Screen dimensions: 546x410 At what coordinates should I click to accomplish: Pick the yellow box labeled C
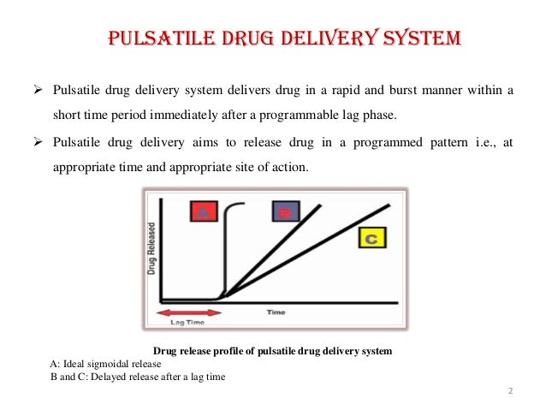[x=371, y=239]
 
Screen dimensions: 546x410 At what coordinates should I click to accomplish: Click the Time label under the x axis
[x=276, y=313]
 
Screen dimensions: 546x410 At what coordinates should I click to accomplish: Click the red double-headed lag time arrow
[x=191, y=312]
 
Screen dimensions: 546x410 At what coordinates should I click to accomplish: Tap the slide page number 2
[x=510, y=392]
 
